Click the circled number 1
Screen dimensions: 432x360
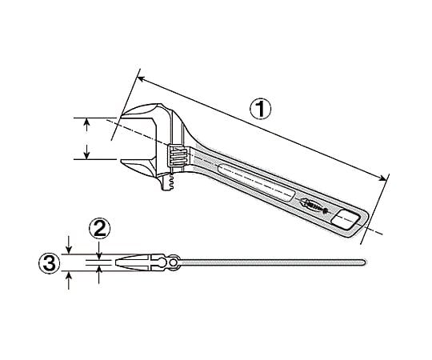[260, 110]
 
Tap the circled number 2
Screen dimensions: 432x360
[99, 229]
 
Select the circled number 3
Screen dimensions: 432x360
[50, 263]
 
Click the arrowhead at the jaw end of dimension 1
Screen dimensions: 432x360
[141, 79]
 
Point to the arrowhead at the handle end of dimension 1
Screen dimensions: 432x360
[382, 178]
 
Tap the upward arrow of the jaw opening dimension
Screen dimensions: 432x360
[86, 125]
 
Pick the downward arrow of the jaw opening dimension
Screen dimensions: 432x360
[86, 152]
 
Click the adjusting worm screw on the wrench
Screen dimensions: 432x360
[178, 155]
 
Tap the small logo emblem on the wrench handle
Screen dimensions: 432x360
[315, 205]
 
